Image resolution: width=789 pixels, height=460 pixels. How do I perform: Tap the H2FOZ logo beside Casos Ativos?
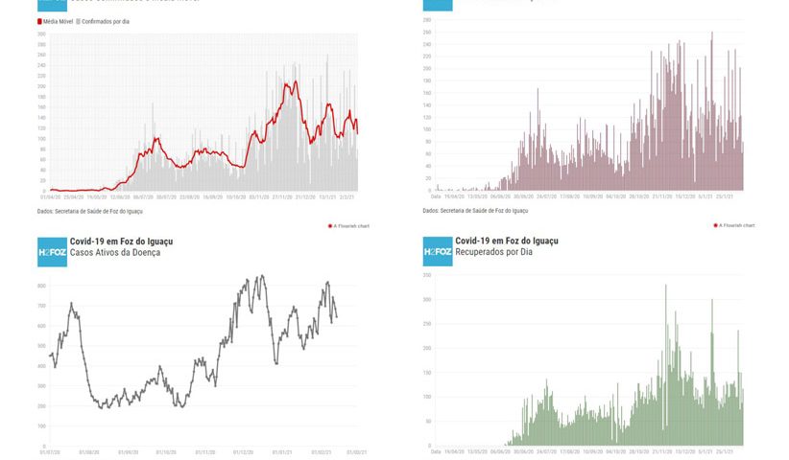click(52, 252)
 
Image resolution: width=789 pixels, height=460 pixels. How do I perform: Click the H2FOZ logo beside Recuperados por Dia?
click(438, 252)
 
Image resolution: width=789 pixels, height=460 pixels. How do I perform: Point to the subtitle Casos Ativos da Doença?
click(115, 252)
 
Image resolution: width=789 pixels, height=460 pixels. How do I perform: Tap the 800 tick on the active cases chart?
click(42, 286)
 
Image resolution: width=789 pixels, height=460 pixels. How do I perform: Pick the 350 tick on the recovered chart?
click(426, 275)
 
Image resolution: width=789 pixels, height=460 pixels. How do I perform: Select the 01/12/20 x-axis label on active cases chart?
click(244, 452)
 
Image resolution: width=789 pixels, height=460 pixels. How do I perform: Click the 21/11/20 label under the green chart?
click(662, 451)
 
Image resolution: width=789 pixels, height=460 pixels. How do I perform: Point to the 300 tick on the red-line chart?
click(41, 34)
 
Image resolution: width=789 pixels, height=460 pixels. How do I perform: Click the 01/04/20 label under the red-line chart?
click(49, 198)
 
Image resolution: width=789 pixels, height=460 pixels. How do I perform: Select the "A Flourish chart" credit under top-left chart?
click(349, 226)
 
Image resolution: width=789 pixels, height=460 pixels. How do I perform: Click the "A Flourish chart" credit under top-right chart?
click(734, 226)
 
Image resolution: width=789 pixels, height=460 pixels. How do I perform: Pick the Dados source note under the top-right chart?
click(474, 211)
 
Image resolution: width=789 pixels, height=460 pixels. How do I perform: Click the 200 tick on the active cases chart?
click(42, 406)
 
